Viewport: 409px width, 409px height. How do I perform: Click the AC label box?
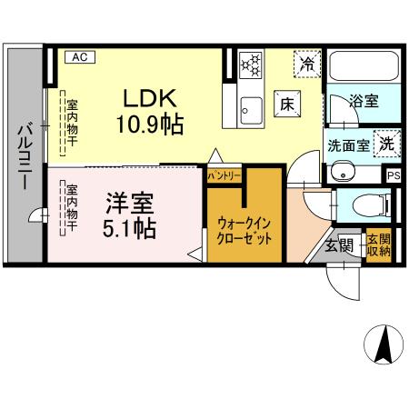click(x=79, y=57)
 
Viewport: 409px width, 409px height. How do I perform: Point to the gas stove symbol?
click(x=250, y=65)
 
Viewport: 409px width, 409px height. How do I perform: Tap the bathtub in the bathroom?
click(x=362, y=68)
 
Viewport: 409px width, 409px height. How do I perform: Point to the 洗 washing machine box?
click(x=386, y=142)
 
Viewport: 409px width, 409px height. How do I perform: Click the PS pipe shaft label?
click(x=393, y=176)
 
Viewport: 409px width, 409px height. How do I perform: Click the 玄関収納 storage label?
click(x=378, y=245)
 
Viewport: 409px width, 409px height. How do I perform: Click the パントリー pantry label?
click(x=224, y=173)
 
